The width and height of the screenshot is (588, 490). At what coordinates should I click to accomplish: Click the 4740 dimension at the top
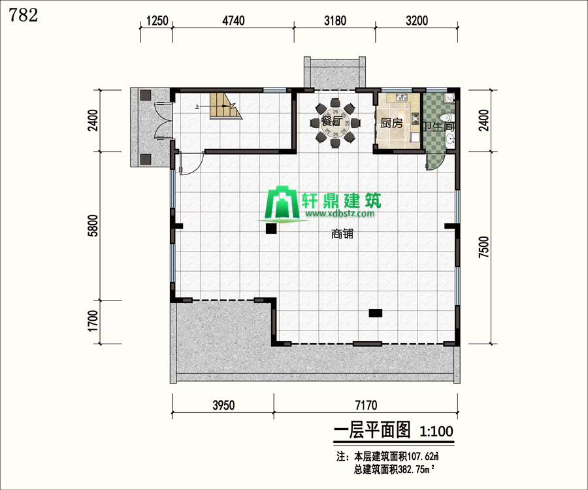pyautogui.click(x=233, y=20)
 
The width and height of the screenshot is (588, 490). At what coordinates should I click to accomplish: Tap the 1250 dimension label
pyautogui.click(x=157, y=20)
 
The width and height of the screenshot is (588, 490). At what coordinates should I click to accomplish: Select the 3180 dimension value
pyautogui.click(x=335, y=20)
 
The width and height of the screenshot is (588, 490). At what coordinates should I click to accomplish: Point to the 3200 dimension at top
pyautogui.click(x=417, y=20)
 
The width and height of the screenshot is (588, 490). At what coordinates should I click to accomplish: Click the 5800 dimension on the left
pyautogui.click(x=93, y=225)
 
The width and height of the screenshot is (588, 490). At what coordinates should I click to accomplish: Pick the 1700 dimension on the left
pyautogui.click(x=93, y=321)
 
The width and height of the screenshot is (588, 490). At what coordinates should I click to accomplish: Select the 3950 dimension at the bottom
pyautogui.click(x=223, y=405)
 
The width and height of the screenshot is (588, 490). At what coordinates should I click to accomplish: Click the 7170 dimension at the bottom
pyautogui.click(x=366, y=405)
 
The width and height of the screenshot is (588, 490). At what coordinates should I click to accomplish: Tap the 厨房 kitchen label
pyautogui.click(x=391, y=123)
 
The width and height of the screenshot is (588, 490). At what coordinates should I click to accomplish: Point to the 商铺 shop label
pyautogui.click(x=342, y=234)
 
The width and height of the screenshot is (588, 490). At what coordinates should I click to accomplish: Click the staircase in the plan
pyautogui.click(x=224, y=106)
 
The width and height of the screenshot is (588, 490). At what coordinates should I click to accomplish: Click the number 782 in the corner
pyautogui.click(x=23, y=16)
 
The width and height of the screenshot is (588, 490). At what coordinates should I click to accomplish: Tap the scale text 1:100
pyautogui.click(x=436, y=431)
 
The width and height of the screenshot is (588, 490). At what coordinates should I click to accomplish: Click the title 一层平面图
pyautogui.click(x=372, y=430)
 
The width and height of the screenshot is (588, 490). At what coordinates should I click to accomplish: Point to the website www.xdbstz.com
pyautogui.click(x=340, y=214)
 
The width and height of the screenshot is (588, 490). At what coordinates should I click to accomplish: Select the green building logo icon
pyautogui.click(x=282, y=203)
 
